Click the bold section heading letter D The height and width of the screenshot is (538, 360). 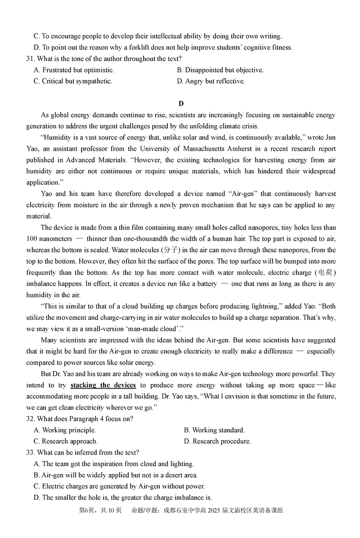click(x=181, y=104)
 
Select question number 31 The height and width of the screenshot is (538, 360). click(x=31, y=59)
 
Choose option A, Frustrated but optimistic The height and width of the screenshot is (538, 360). click(x=74, y=70)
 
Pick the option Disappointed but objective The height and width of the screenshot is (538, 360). click(x=220, y=70)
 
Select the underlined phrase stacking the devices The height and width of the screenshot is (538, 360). click(x=103, y=385)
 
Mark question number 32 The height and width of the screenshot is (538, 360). click(x=31, y=419)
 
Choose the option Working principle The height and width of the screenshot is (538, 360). click(x=65, y=430)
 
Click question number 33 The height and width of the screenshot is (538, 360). click(x=31, y=453)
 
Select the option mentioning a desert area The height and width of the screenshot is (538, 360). click(x=116, y=475)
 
